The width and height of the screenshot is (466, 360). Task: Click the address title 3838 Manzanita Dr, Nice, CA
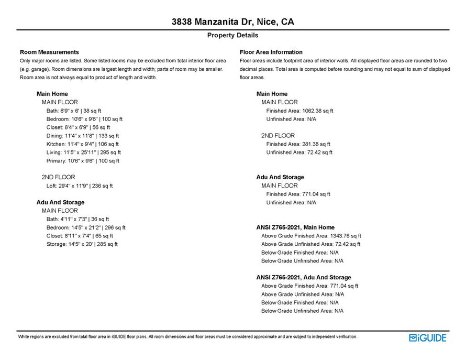232,22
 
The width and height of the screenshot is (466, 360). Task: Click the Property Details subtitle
232,35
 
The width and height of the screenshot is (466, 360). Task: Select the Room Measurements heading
49,52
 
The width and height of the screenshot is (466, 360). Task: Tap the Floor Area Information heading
271,52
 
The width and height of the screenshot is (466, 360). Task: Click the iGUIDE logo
427,337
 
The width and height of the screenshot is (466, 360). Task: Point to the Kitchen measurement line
82,144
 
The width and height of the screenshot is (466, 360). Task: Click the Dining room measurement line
83,136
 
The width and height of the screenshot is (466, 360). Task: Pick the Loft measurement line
80,186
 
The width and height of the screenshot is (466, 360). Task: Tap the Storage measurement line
82,244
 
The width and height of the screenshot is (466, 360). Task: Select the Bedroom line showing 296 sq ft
86,227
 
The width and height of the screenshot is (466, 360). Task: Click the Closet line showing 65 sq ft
80,236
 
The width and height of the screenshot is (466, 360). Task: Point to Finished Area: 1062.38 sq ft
299,111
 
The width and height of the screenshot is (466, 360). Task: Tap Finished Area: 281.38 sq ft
298,144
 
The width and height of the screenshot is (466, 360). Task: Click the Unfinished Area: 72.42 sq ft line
299,152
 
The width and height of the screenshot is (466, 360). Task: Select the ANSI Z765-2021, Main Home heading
295,227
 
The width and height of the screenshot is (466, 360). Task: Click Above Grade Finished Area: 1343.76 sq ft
311,236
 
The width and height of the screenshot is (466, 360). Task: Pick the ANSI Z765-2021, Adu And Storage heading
303,277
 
